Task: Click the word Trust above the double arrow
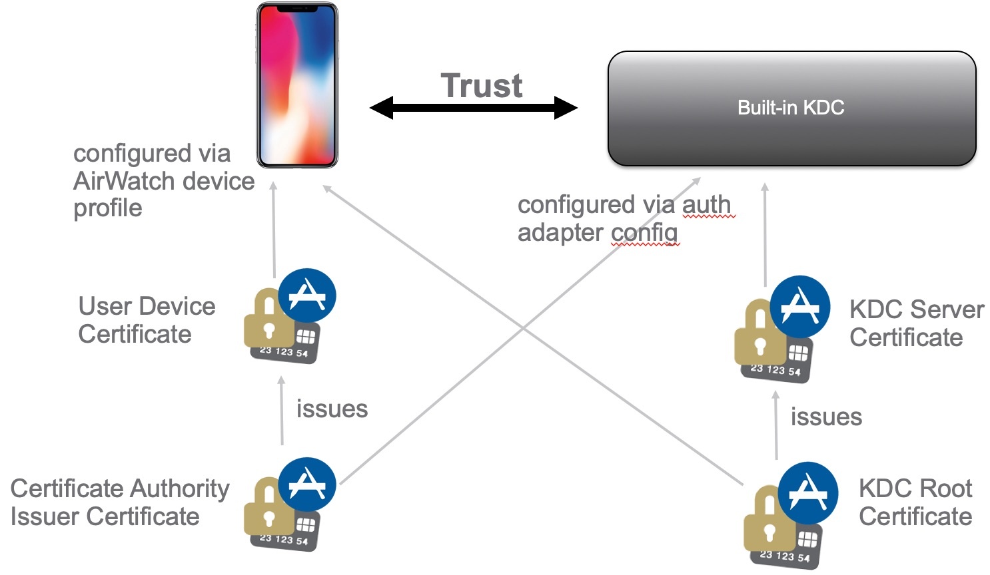[x=481, y=86]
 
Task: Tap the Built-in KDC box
[x=791, y=108]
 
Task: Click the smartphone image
[x=298, y=85]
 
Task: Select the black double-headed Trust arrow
[x=473, y=108]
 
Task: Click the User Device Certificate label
[x=147, y=320]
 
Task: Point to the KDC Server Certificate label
[x=916, y=323]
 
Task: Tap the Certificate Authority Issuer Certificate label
[x=119, y=502]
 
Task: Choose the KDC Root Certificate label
[x=915, y=502]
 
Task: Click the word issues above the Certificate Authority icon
[x=332, y=409]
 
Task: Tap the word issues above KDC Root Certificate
[x=826, y=417]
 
